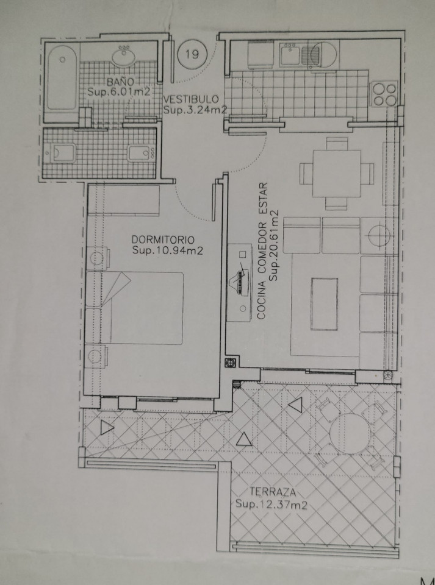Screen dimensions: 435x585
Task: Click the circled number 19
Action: [192, 54]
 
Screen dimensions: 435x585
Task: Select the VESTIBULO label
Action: [191, 99]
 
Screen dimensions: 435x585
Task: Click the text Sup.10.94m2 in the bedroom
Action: [167, 250]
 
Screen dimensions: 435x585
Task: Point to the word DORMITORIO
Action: [163, 239]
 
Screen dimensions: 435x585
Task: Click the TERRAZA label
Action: [273, 492]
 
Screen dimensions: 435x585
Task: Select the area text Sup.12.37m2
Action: [271, 505]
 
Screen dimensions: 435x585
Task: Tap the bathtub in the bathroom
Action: [62, 78]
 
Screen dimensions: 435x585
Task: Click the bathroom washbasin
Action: [124, 56]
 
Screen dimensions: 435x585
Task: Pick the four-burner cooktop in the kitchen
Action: [384, 94]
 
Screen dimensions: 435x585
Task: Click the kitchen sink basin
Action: [290, 54]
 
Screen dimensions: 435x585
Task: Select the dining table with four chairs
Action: [336, 174]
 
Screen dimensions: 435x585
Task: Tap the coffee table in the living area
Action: [324, 304]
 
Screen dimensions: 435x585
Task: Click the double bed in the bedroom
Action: [134, 308]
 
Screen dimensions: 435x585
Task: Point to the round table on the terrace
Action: [350, 433]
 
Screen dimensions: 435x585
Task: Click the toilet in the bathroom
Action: [60, 154]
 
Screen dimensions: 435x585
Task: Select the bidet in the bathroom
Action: [141, 154]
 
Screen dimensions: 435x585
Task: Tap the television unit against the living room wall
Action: [239, 282]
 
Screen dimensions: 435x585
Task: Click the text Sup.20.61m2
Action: [275, 246]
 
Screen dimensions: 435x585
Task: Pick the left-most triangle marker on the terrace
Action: [106, 427]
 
